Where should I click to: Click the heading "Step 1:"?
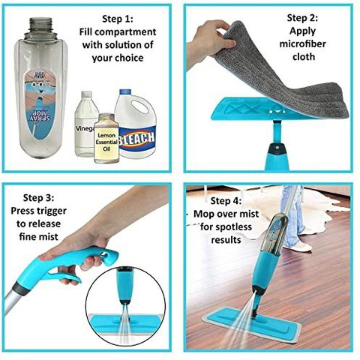(x=118, y=19)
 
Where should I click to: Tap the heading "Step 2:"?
(x=302, y=18)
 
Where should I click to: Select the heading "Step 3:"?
(x=39, y=198)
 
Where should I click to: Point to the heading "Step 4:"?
(x=226, y=201)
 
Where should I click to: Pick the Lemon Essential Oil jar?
(x=106, y=138)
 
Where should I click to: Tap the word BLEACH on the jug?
(x=136, y=139)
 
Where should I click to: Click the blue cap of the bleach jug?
(x=125, y=91)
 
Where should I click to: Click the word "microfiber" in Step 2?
(x=302, y=44)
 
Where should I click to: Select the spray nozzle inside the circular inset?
(x=124, y=302)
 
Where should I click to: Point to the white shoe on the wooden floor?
(x=301, y=247)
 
